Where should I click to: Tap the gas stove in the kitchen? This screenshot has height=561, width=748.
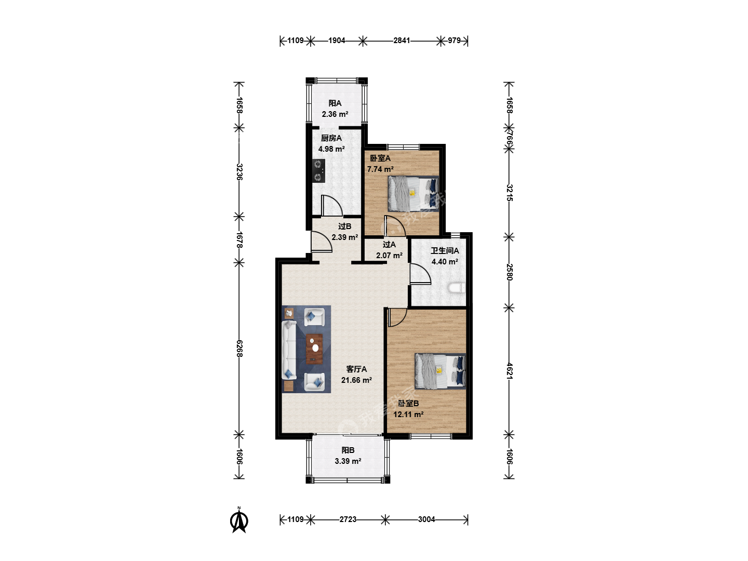click(318, 171)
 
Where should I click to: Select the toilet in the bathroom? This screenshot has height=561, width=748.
click(457, 288)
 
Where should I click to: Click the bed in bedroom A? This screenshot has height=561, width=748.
click(413, 194)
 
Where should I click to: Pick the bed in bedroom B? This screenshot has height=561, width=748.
click(440, 371)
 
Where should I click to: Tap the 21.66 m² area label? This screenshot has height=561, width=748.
click(356, 380)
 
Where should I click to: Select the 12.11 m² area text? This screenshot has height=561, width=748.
click(408, 415)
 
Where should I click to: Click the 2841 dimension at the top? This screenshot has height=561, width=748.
click(402, 41)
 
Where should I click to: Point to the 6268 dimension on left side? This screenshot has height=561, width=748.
click(239, 349)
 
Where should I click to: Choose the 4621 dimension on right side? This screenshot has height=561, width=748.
click(509, 371)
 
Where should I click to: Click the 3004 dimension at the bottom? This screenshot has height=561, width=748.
click(426, 519)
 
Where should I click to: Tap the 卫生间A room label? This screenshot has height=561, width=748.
click(445, 251)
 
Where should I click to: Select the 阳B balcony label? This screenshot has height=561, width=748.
click(348, 450)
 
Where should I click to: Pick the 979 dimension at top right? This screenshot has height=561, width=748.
click(454, 41)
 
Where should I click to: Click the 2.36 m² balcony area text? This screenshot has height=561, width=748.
click(335, 114)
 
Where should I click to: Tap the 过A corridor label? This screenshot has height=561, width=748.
click(389, 245)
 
